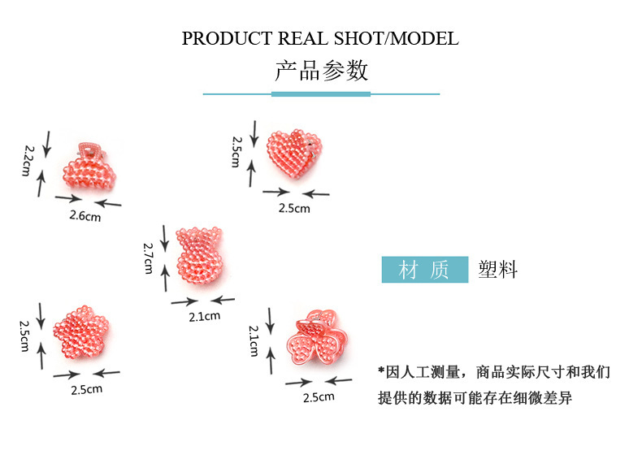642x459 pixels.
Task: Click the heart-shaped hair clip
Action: (295, 157)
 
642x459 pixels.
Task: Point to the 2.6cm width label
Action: (85, 216)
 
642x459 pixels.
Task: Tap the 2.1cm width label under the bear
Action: (204, 317)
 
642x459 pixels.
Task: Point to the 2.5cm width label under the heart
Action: (294, 208)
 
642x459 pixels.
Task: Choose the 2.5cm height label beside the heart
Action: (236, 151)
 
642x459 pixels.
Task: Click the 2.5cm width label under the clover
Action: (318, 397)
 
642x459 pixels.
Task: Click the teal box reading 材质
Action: (424, 270)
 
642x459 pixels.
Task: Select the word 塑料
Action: (497, 270)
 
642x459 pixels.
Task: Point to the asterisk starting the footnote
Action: (381, 372)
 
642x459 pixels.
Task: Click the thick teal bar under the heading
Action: (320, 94)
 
